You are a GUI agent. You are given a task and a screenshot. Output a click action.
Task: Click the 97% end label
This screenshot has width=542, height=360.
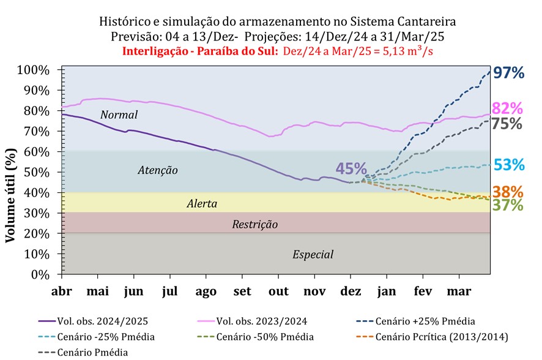(x=508, y=73)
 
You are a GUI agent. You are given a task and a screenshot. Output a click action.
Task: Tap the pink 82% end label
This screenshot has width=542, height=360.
(x=507, y=108)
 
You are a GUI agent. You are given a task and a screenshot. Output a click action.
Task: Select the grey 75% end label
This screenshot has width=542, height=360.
(x=507, y=123)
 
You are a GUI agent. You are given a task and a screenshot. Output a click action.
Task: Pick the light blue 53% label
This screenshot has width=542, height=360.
(x=508, y=165)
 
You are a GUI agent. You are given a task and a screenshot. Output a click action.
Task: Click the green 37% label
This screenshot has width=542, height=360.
(x=508, y=205)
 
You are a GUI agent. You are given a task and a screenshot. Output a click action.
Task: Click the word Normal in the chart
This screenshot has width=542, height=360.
(x=119, y=114)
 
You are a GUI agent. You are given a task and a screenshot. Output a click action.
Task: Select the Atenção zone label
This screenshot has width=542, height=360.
(x=157, y=170)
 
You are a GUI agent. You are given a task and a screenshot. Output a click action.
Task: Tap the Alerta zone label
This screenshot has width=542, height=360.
(x=202, y=203)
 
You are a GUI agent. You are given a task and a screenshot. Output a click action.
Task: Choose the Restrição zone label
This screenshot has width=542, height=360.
(x=254, y=225)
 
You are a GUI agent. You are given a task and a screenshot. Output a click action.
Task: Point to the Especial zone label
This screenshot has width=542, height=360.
(x=313, y=254)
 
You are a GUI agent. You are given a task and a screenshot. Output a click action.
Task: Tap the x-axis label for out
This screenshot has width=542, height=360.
(x=279, y=291)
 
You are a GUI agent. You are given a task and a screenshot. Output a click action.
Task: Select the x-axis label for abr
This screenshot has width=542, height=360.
(x=62, y=291)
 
